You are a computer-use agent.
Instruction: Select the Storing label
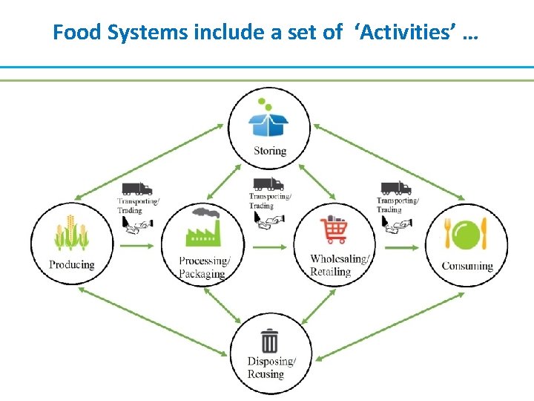269,151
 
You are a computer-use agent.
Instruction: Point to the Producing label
72,265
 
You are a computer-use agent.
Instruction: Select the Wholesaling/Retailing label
340,265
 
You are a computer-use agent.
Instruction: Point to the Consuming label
467,266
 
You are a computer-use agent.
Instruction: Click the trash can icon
269,342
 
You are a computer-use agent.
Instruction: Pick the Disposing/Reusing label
271,368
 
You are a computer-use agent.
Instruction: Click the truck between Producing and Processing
136,189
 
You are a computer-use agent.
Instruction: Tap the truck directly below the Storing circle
268,183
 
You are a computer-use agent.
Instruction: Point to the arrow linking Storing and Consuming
390,163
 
